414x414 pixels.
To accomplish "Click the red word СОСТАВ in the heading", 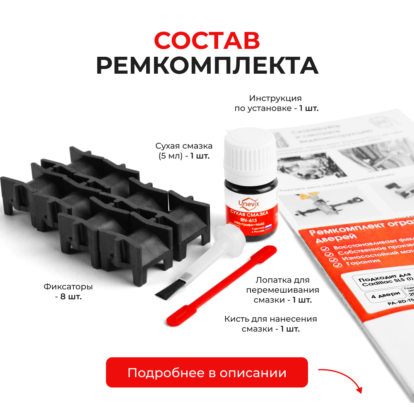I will [x=207, y=40].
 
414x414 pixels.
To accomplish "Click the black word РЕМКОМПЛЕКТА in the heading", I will [x=207, y=65].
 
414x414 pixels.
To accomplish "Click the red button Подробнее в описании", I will [x=207, y=373].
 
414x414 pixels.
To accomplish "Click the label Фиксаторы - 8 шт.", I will [x=68, y=291].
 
